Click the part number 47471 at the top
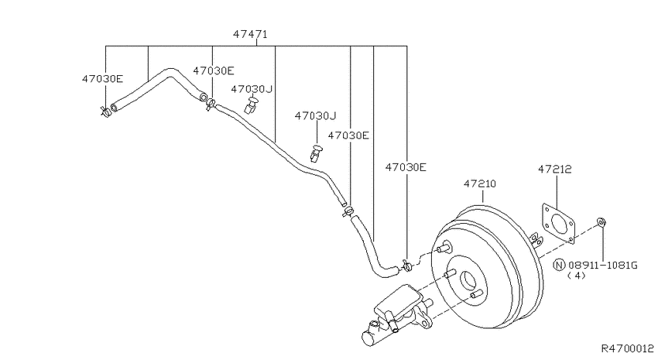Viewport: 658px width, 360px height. tap(250, 34)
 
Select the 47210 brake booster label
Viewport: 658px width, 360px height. tap(480, 183)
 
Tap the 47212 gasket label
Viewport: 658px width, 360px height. tap(555, 169)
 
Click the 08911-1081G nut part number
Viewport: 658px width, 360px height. tap(603, 266)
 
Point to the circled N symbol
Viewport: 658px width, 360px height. tap(560, 266)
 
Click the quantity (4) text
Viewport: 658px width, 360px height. tap(576, 276)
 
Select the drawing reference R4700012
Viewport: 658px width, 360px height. tap(627, 348)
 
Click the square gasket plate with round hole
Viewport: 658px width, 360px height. tap(557, 223)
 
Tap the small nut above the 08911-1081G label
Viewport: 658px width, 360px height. tap(601, 221)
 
